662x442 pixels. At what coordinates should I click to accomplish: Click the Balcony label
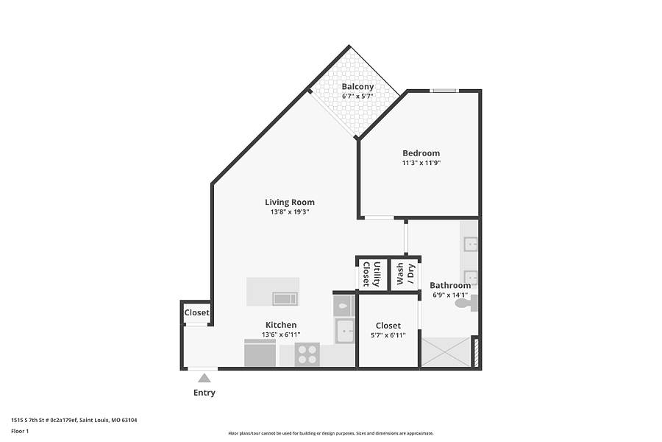tap(357, 87)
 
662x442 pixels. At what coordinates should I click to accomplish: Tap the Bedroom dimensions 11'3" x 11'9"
tap(421, 163)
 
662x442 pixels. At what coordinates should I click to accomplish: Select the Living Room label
tap(290, 202)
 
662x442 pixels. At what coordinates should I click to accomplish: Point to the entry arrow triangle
tap(204, 378)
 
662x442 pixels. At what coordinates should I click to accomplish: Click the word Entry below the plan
tap(204, 393)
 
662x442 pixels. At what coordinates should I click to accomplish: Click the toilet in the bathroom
tap(466, 304)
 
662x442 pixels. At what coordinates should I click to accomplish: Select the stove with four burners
tap(307, 354)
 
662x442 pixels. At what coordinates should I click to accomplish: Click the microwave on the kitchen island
tap(285, 298)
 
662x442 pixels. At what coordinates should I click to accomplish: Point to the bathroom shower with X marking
tap(446, 352)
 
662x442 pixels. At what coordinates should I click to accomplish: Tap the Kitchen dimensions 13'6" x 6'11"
tap(281, 334)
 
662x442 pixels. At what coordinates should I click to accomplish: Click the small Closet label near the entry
tap(196, 312)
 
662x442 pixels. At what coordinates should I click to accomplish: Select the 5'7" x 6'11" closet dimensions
tap(388, 335)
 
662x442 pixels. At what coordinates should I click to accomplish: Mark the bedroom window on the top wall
tap(444, 90)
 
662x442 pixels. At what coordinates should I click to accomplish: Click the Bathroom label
tap(450, 286)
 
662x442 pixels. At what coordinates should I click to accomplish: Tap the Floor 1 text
tap(20, 432)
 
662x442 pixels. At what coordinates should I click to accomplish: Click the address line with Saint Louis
tap(74, 420)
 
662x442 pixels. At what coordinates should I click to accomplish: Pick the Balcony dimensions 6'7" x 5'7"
tap(357, 96)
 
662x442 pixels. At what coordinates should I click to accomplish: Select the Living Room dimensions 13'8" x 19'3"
tap(290, 212)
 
